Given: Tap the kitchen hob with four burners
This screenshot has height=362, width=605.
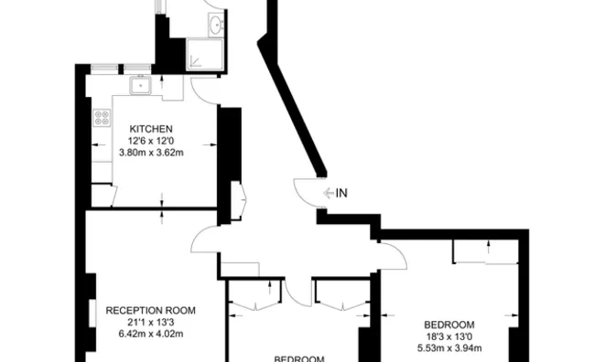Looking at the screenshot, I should click(x=103, y=118).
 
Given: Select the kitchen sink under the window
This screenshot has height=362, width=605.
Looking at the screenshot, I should click(x=141, y=86).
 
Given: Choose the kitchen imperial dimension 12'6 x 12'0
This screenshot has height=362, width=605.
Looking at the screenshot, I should click(x=151, y=141).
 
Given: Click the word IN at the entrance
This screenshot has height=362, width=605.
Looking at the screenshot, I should click(x=342, y=193).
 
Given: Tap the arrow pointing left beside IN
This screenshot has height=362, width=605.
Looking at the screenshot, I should click(x=329, y=193).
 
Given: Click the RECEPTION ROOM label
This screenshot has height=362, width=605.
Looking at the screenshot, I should click(x=151, y=310).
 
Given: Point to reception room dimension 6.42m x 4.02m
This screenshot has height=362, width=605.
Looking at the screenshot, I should click(x=151, y=334).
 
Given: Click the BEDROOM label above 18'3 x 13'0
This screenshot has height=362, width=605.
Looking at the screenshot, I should click(x=449, y=325).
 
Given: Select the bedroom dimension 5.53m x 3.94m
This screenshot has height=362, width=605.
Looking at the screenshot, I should click(x=449, y=348).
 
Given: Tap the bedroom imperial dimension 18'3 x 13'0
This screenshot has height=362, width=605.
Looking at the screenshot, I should click(x=449, y=336).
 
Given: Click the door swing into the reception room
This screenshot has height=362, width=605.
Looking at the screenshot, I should click(x=203, y=242).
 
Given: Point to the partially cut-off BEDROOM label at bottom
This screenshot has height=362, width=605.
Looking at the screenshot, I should click(x=299, y=357).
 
